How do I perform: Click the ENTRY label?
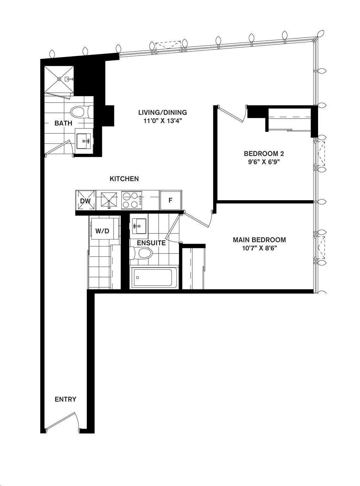[x=65, y=399]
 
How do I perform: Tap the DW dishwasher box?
[x=85, y=200]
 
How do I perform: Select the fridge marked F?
[x=171, y=200]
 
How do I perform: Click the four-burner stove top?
[x=132, y=200]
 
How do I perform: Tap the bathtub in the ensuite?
[x=153, y=277]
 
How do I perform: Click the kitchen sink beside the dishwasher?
[x=109, y=200]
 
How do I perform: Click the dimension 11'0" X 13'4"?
[x=162, y=121]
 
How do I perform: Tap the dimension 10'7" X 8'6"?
[x=259, y=249]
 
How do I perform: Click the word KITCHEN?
[x=124, y=179]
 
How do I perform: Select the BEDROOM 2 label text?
[x=264, y=153]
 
